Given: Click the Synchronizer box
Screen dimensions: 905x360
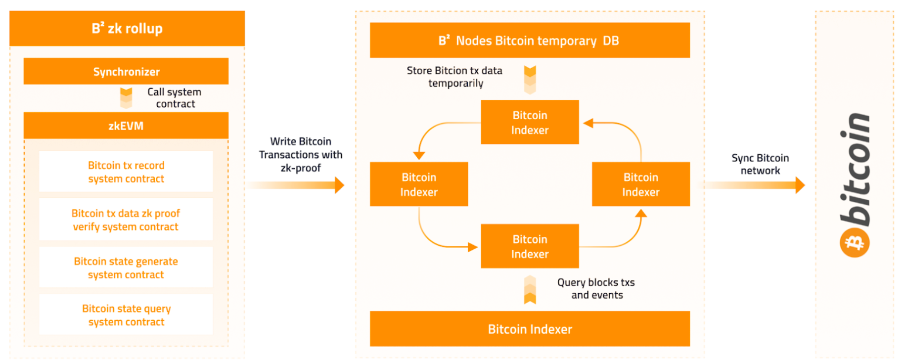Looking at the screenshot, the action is tap(126, 71).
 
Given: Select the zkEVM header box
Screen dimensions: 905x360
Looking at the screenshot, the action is tap(126, 126).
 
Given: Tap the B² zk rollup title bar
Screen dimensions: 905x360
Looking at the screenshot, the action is tap(127, 28).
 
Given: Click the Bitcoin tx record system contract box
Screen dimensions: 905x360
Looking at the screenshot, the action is tap(126, 171).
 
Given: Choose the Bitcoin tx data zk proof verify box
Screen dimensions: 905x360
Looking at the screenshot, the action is tap(126, 220).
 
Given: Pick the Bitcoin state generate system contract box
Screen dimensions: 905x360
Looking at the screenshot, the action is tap(126, 268).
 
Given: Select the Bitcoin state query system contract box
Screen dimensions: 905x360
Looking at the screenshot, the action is tap(126, 315).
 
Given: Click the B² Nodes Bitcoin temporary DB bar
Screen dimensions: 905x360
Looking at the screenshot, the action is tap(530, 40).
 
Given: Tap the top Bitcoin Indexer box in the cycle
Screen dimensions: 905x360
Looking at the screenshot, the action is tap(530, 122).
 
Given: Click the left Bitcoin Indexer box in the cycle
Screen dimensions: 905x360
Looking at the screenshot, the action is tap(419, 184).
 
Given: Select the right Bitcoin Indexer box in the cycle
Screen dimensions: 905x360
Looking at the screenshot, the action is tap(641, 184).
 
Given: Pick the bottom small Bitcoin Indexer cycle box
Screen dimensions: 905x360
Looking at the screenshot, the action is tap(530, 246).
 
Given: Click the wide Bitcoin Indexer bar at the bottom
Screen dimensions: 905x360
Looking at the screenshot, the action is tap(530, 329).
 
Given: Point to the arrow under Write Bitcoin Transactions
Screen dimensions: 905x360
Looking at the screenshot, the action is tap(296, 185).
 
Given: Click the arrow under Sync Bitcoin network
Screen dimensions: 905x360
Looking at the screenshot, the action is tap(755, 185).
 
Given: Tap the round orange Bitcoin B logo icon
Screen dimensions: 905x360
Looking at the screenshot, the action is tap(855, 242).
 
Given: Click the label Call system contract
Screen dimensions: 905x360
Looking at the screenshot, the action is tap(175, 98).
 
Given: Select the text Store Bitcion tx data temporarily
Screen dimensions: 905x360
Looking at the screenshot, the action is tap(454, 77).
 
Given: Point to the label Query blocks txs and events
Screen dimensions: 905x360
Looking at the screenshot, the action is tap(596, 289).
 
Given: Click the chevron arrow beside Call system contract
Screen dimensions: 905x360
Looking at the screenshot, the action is tap(126, 98).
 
